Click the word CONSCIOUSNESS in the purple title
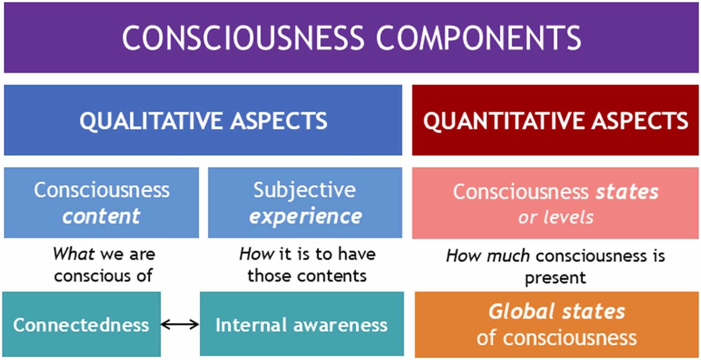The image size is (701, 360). click(242, 38)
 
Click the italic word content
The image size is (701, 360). click(101, 217)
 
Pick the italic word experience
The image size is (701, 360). click(305, 217)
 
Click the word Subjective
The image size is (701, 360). click(304, 190)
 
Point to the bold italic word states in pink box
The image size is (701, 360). click(627, 191)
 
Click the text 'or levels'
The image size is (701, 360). click(555, 218)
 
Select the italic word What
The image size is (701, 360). click(74, 254)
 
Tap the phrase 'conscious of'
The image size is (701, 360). click(103, 276)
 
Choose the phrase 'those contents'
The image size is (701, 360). click(307, 276)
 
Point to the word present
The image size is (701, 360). click(555, 278)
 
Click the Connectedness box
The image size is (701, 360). click(81, 324)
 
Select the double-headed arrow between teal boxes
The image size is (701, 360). click(180, 324)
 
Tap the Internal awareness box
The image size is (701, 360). click(302, 324)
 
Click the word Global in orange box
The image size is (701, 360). click(521, 311)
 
